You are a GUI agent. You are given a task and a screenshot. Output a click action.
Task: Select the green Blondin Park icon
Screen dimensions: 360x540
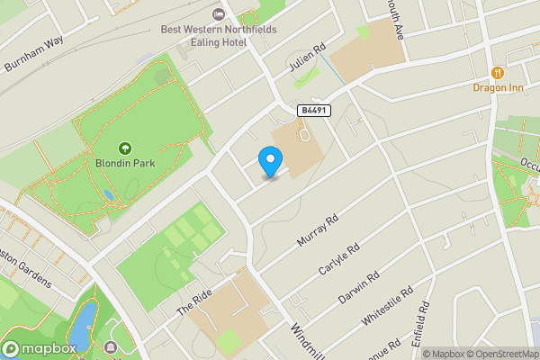coord(124,148)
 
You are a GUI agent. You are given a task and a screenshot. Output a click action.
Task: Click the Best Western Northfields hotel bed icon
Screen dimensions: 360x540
coord(219,13)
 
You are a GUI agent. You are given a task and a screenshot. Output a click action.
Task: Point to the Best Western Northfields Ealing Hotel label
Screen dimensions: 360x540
coord(219,35)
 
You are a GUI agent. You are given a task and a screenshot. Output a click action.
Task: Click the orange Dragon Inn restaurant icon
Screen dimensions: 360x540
coord(498,72)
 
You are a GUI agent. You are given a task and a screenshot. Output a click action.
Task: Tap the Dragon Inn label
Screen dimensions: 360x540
coord(498,87)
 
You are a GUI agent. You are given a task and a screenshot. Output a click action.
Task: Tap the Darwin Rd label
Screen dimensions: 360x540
coord(360,287)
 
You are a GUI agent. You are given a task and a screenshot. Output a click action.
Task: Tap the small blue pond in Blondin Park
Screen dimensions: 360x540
coord(108,194)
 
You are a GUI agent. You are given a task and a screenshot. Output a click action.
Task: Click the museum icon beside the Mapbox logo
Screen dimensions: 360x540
coord(111,347)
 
